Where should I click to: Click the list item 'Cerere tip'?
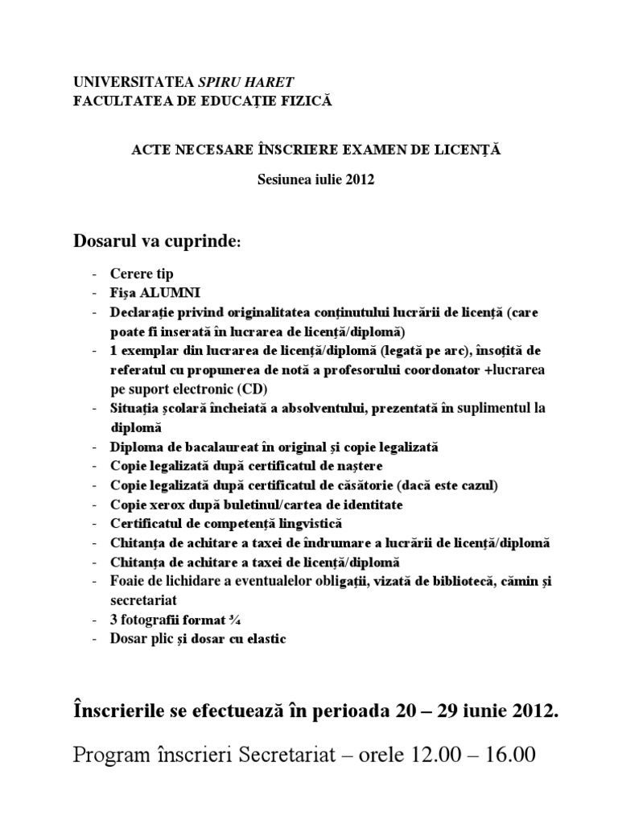pyautogui.click(x=143, y=274)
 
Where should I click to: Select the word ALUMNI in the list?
pyautogui.click(x=172, y=292)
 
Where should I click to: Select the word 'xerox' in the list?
pyautogui.click(x=165, y=505)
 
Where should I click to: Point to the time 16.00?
pyautogui.click(x=507, y=756)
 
